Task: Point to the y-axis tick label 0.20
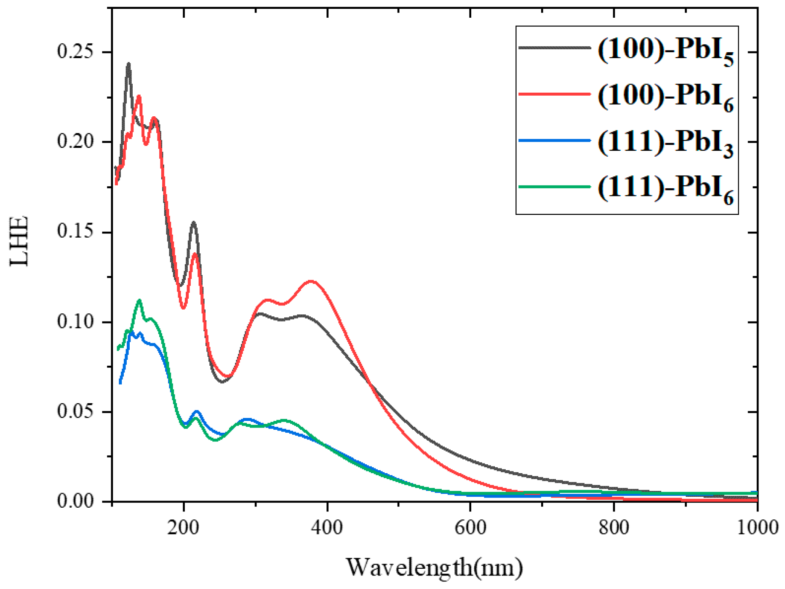[75, 141]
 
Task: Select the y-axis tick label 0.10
[75, 321]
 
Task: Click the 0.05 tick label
[75, 411]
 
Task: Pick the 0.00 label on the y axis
[75, 501]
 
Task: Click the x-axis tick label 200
[184, 527]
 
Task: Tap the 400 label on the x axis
[327, 527]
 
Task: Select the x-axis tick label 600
[470, 527]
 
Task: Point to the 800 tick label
[614, 527]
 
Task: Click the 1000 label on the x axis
[757, 527]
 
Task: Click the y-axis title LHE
[19, 241]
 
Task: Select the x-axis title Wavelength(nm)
[434, 567]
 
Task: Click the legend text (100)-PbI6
[665, 97]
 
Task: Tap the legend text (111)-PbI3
[665, 143]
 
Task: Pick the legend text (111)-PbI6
[665, 189]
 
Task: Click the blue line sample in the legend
[554, 140]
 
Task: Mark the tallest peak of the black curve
[128, 64]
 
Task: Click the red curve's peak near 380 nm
[311, 281]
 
